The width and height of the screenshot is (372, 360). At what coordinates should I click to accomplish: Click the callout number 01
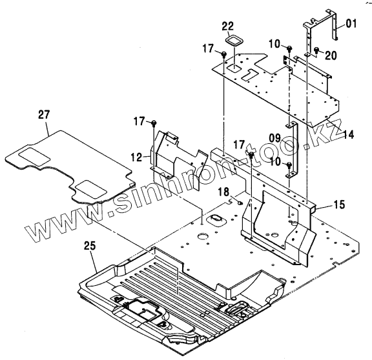click(351, 24)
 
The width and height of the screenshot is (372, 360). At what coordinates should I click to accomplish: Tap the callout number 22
click(228, 26)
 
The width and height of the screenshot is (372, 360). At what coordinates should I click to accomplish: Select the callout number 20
click(331, 55)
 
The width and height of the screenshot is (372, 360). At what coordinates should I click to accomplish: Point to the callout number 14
click(348, 134)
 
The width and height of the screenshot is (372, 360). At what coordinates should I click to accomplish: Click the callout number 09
click(274, 138)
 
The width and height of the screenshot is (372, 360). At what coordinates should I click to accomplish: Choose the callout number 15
click(340, 205)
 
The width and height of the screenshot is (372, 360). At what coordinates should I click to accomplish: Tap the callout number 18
click(224, 192)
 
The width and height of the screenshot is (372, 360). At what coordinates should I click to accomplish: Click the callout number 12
click(137, 157)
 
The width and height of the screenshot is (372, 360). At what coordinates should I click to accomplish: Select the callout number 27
click(44, 115)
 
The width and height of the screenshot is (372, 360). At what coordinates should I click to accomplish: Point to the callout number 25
click(90, 246)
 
